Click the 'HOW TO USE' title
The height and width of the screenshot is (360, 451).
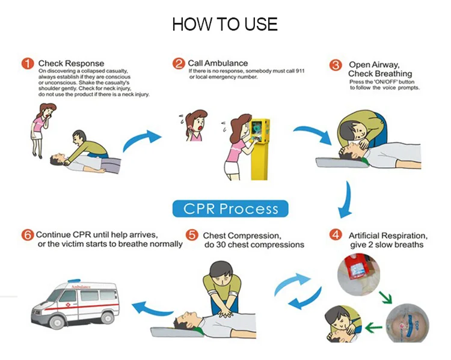coord(225,25)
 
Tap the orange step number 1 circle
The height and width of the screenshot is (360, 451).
coord(28,63)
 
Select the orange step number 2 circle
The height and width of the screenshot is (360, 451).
coord(179,63)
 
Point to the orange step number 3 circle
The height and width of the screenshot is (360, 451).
coord(337,65)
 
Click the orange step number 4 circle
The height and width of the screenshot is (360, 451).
coord(336,235)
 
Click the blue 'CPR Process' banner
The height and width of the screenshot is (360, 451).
coord(230,209)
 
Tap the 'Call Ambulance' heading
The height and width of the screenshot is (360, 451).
coord(218,63)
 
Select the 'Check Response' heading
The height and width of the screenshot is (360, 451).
coord(71,63)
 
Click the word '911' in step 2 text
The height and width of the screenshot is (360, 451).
coord(298,71)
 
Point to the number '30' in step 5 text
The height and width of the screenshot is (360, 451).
coord(224,245)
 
